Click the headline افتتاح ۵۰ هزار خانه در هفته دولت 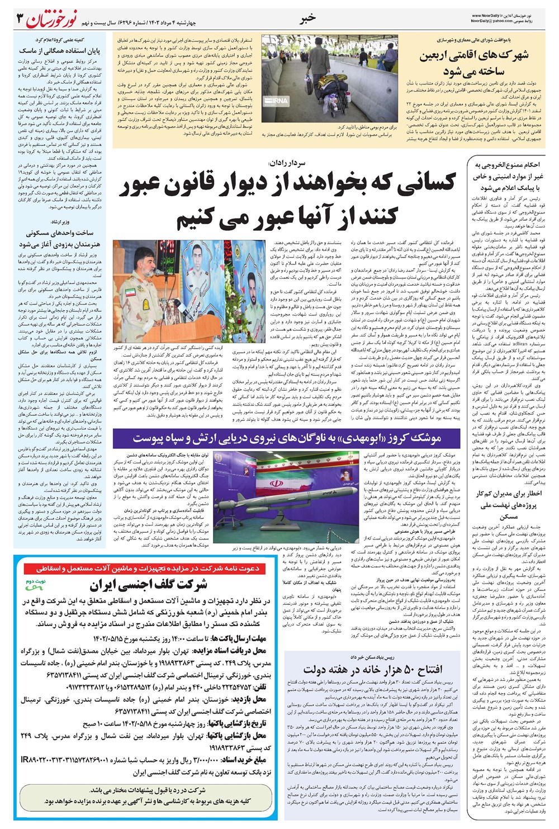tap(373, 669)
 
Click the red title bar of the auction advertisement tap(148, 569)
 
